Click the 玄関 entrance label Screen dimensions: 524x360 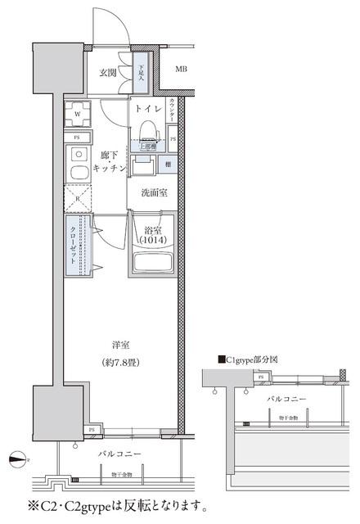(x=109, y=73)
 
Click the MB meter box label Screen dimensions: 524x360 (x=181, y=69)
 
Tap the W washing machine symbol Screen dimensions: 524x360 (x=78, y=114)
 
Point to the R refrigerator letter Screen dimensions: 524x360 (x=77, y=197)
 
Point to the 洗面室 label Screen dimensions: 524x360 (x=154, y=194)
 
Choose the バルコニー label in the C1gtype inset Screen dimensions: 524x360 (x=287, y=399)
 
